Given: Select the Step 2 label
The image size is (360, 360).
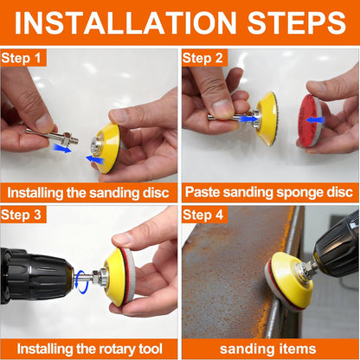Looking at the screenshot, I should click(x=203, y=58).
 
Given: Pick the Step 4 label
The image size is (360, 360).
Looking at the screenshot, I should click(x=203, y=214).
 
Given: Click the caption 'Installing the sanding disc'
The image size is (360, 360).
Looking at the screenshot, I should click(x=90, y=192).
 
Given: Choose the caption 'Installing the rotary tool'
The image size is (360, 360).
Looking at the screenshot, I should click(x=90, y=349).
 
